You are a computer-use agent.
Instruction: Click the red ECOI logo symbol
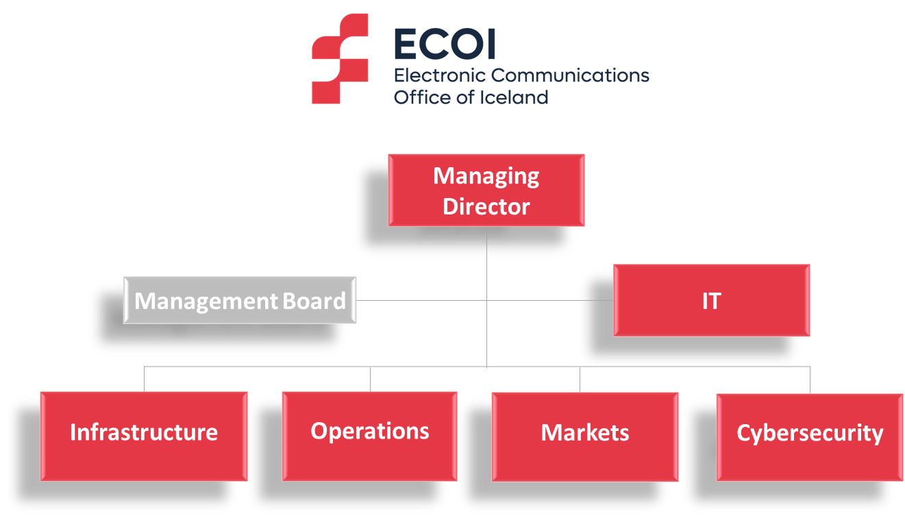(x=340, y=59)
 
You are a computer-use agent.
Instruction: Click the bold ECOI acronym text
(x=445, y=44)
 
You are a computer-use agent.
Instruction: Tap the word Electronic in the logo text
(x=440, y=75)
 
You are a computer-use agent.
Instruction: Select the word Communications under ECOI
(x=570, y=75)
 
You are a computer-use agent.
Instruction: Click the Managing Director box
(x=486, y=190)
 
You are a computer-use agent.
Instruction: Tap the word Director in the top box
(x=486, y=207)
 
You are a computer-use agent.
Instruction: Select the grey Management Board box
(x=240, y=300)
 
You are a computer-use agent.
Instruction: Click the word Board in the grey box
(x=314, y=301)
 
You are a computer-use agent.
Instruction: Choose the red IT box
(x=712, y=300)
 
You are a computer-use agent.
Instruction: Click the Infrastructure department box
(x=144, y=436)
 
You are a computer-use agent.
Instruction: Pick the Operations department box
(x=370, y=436)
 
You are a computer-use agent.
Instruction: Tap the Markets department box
(x=584, y=436)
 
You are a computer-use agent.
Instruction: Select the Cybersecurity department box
(x=810, y=438)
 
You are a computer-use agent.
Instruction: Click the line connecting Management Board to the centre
(x=421, y=300)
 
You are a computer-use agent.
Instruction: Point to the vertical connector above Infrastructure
(x=145, y=379)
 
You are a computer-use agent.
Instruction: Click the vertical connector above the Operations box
(x=370, y=379)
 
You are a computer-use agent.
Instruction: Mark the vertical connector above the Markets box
(x=580, y=380)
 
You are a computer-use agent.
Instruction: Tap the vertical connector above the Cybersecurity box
(x=810, y=380)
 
